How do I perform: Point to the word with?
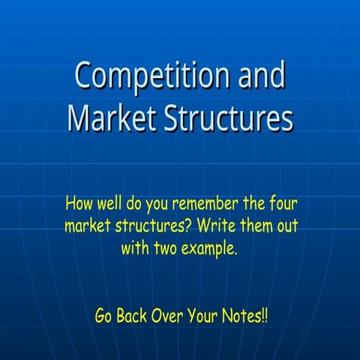[135, 248]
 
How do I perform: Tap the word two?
[169, 248]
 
